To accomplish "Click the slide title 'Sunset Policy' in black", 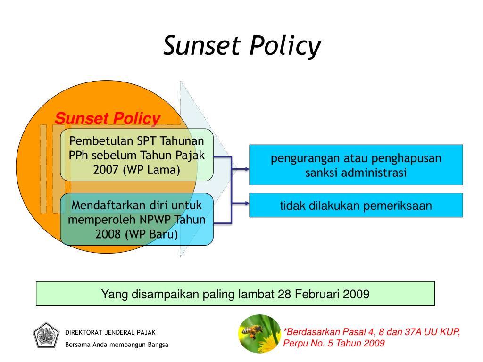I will click(x=242, y=47).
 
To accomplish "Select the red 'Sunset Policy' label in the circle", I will click(x=108, y=119).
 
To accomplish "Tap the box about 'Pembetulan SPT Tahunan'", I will click(x=137, y=155).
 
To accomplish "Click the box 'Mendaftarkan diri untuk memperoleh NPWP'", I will click(x=137, y=220).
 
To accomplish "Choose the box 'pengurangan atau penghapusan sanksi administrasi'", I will click(x=356, y=165).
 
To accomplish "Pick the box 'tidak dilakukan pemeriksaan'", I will click(x=356, y=206).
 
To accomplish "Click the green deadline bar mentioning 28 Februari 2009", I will click(x=235, y=294).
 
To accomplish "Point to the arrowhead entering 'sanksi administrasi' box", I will click(x=246, y=169).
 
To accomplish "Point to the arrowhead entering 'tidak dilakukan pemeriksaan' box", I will click(x=246, y=204).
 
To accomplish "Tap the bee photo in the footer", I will click(x=259, y=334).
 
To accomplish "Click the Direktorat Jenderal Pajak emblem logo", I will click(x=45, y=335).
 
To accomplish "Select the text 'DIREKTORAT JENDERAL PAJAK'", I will click(x=110, y=332).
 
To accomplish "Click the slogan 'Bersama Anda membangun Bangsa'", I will click(x=117, y=345).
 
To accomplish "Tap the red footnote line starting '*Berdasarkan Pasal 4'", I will click(x=371, y=332).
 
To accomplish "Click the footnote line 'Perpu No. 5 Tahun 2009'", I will click(x=334, y=343).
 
